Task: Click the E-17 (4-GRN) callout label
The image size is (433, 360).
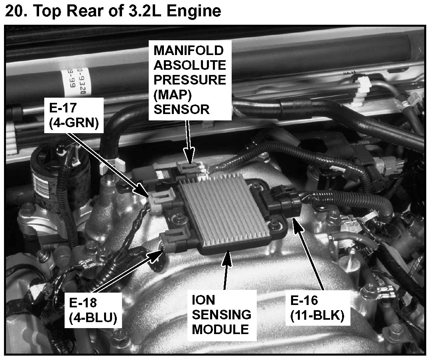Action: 74,115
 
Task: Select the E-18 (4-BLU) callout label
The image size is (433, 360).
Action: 93,310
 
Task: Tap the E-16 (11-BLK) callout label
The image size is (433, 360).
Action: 317,308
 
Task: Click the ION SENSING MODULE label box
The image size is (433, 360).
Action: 222,315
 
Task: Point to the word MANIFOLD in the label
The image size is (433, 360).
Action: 189,51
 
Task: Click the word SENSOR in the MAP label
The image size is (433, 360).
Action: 181,110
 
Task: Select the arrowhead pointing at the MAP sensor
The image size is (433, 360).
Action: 189,159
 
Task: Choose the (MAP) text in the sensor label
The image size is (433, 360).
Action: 173,95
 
